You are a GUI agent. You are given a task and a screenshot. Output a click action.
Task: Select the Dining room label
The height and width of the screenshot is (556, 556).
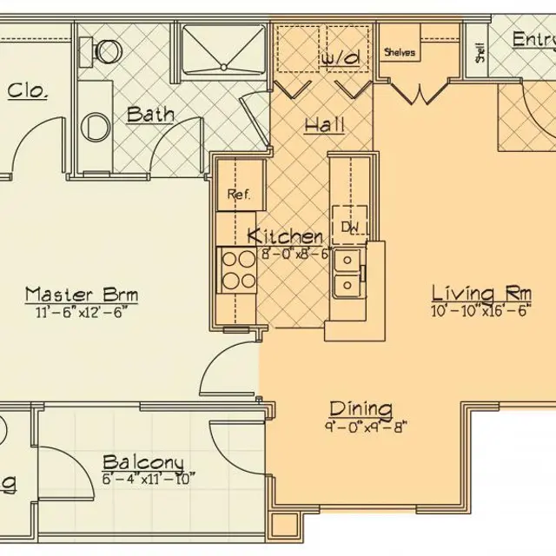coord(361,408)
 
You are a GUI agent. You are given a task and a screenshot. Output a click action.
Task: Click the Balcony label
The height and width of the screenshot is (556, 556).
coord(142,462)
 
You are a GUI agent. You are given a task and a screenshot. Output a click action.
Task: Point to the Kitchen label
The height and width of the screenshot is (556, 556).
coord(286,236)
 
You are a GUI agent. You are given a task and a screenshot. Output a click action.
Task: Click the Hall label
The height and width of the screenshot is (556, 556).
coord(324,125)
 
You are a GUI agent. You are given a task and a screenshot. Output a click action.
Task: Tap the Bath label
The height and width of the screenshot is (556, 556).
coord(149,115)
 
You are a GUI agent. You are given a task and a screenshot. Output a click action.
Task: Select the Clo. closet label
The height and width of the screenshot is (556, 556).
coord(27,91)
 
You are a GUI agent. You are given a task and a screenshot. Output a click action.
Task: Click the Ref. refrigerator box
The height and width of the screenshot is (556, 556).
coord(239,195)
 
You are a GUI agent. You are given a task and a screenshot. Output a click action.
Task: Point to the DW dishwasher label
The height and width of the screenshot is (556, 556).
coord(350,228)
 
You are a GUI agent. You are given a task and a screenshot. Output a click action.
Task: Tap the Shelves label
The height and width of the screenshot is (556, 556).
coord(400,52)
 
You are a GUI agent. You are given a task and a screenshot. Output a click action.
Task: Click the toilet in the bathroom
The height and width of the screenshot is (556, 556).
coord(102,50)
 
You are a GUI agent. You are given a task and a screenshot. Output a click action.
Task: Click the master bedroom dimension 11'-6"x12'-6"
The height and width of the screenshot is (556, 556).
coord(81,311)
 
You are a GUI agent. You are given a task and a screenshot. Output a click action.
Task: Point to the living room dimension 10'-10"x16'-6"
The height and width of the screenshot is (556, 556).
coord(480,310)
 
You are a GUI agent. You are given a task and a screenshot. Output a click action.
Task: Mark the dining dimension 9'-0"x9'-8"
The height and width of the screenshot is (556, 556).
coord(361,426)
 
